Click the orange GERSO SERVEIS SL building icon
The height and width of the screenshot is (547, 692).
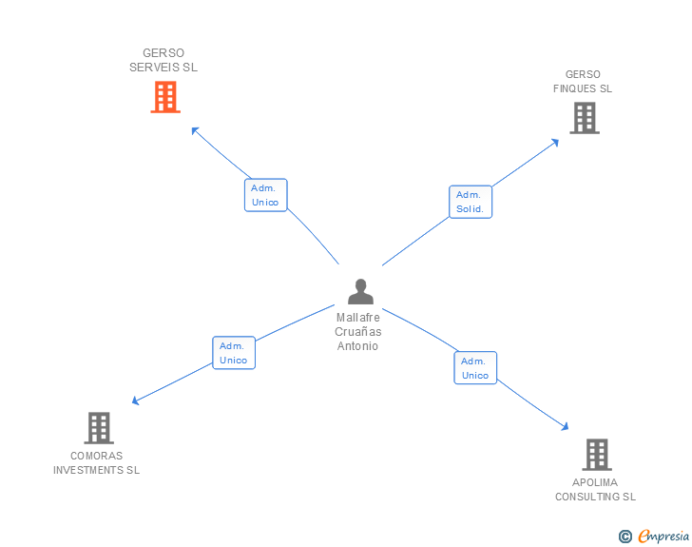tap(165, 97)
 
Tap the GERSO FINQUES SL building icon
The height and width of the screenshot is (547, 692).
tap(584, 118)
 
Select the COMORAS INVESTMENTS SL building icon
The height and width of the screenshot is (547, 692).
tap(99, 428)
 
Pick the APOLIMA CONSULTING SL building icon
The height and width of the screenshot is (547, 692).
tap(596, 455)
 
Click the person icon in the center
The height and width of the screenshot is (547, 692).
tap(360, 291)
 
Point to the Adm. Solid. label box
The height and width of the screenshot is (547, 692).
tap(471, 202)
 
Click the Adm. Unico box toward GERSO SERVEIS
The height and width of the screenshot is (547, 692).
tap(265, 195)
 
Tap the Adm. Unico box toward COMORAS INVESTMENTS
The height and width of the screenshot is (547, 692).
tap(233, 353)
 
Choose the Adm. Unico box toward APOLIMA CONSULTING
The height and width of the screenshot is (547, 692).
tap(475, 368)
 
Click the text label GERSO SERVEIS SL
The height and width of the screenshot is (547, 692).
tap(163, 60)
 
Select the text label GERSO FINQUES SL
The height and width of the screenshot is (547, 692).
tap(583, 81)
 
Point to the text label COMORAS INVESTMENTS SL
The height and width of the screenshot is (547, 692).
tap(96, 463)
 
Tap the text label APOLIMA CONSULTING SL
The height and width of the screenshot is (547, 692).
tap(596, 490)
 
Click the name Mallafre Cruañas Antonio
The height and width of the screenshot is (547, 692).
tap(358, 332)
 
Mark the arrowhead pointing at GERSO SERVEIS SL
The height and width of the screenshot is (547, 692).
tap(195, 130)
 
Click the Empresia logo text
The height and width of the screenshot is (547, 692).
tap(663, 537)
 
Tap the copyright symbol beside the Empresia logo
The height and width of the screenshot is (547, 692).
tap(625, 537)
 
